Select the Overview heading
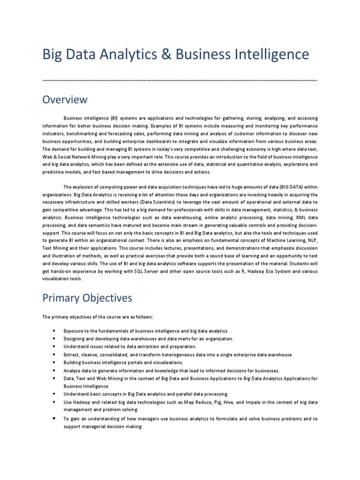tap(65, 100)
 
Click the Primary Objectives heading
tap(87, 298)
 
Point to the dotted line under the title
tap(180, 81)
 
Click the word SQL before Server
tap(136, 271)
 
